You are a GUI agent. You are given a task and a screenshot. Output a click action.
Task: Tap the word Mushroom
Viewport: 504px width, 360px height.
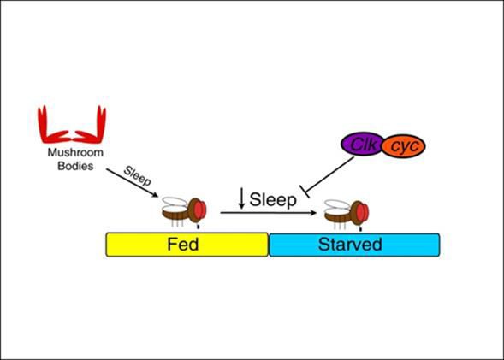pyautogui.click(x=75, y=152)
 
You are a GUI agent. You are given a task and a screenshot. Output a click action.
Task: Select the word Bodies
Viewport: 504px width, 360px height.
pyautogui.click(x=75, y=166)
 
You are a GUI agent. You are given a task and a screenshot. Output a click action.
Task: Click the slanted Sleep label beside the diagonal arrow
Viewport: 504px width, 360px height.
pyautogui.click(x=138, y=175)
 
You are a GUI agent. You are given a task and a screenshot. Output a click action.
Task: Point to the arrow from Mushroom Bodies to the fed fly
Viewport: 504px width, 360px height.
pyautogui.click(x=132, y=182)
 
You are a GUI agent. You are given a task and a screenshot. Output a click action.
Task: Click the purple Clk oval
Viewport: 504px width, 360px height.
pyautogui.click(x=363, y=145)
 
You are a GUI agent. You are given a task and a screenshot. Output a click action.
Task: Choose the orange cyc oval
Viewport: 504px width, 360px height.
pyautogui.click(x=404, y=146)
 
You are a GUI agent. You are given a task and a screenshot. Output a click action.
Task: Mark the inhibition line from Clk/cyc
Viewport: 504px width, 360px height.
pyautogui.click(x=328, y=176)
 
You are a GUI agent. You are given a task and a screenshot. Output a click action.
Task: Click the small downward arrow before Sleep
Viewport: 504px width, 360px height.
pyautogui.click(x=241, y=198)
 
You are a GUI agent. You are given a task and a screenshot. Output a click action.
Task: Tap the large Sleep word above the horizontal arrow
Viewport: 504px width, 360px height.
pyautogui.click(x=273, y=199)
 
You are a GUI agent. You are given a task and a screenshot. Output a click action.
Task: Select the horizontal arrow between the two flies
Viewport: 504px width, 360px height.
pyautogui.click(x=269, y=213)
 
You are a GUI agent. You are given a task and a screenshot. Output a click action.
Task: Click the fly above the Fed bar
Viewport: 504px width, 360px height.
pyautogui.click(x=184, y=212)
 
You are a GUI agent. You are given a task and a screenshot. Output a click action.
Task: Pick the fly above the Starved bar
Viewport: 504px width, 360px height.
pyautogui.click(x=347, y=214)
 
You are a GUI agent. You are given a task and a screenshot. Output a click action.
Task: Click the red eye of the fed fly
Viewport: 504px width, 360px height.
pyautogui.click(x=200, y=210)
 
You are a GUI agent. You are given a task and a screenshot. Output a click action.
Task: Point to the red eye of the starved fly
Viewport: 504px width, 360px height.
pyautogui.click(x=363, y=212)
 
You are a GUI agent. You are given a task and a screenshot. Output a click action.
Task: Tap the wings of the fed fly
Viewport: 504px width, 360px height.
pyautogui.click(x=175, y=204)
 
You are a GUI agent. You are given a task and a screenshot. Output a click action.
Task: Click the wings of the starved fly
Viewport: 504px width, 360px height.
pyautogui.click(x=337, y=205)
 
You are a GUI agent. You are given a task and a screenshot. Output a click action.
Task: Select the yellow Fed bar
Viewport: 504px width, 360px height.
pyautogui.click(x=187, y=245)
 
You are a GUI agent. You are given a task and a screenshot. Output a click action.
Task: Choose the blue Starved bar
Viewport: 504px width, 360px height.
pyautogui.click(x=354, y=245)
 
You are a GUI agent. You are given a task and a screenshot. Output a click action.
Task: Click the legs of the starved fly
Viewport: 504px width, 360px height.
pyautogui.click(x=341, y=225)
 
